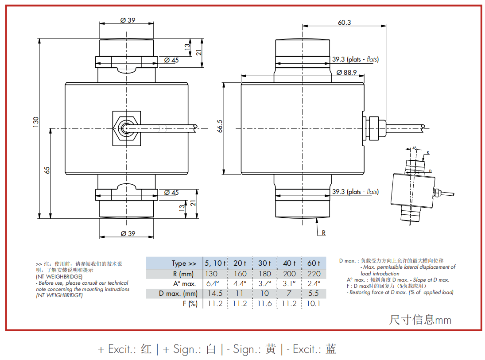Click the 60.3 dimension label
344,22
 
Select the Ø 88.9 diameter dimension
346,72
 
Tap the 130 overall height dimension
36,122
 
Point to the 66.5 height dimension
220,126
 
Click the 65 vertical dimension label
47,170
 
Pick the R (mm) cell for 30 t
264,274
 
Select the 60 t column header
313,263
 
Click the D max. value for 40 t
289,293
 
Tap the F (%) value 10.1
313,303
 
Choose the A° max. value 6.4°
213,283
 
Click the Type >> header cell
184,263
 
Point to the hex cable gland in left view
126,128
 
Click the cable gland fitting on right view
374,128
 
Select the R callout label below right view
323,233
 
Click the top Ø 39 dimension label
128,20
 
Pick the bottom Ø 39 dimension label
128,233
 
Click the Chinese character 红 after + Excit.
146,349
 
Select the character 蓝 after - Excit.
331,349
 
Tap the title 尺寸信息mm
420,320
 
